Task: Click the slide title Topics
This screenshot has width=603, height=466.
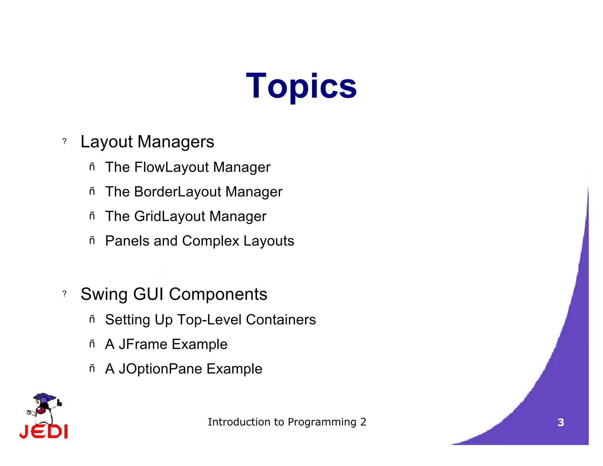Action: click(x=301, y=86)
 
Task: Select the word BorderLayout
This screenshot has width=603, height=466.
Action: click(x=178, y=192)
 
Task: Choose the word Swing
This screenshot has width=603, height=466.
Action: click(x=104, y=294)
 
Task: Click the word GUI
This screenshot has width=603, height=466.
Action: click(x=148, y=294)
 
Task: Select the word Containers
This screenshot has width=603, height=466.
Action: click(x=281, y=320)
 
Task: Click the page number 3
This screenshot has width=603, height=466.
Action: click(x=561, y=423)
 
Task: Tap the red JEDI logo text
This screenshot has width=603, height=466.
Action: click(x=44, y=432)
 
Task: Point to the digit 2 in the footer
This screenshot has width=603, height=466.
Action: click(x=363, y=422)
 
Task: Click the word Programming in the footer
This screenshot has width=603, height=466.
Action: click(x=322, y=422)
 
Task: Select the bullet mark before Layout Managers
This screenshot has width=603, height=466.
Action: click(x=64, y=141)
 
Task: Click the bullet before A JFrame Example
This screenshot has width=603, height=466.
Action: click(x=92, y=344)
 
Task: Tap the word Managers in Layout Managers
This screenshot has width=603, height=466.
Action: click(x=176, y=142)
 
